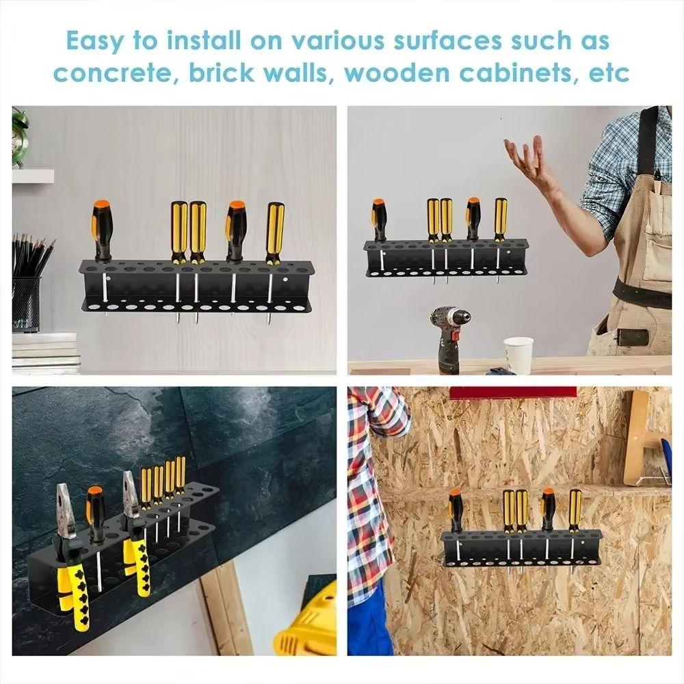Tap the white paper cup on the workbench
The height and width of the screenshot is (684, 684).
[x=518, y=354]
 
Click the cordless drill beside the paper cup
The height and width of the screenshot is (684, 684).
[x=450, y=339]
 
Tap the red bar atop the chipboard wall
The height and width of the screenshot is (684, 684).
[x=512, y=393]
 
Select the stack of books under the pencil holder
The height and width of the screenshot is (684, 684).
[x=44, y=353]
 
